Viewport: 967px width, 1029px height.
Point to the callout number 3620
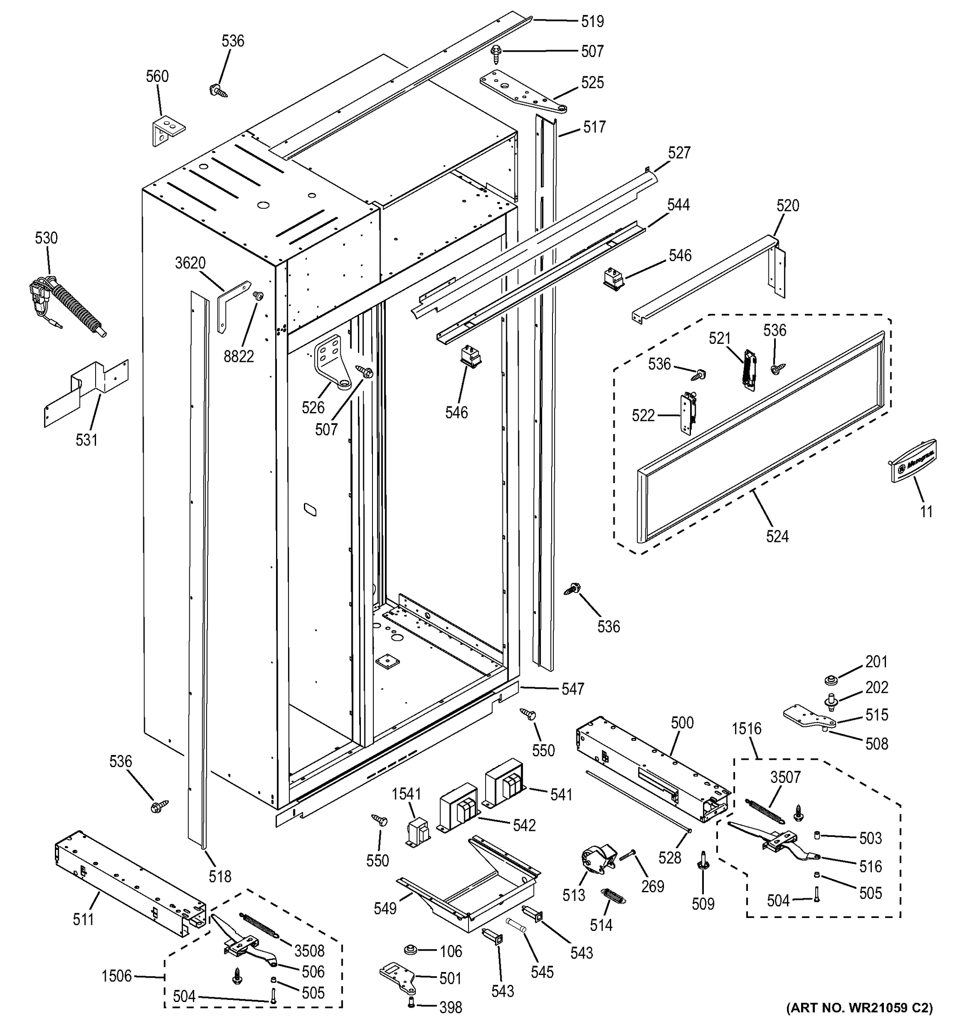coord(190,263)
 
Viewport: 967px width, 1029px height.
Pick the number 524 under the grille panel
coord(777,536)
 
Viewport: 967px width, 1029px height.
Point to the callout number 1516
coord(746,728)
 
